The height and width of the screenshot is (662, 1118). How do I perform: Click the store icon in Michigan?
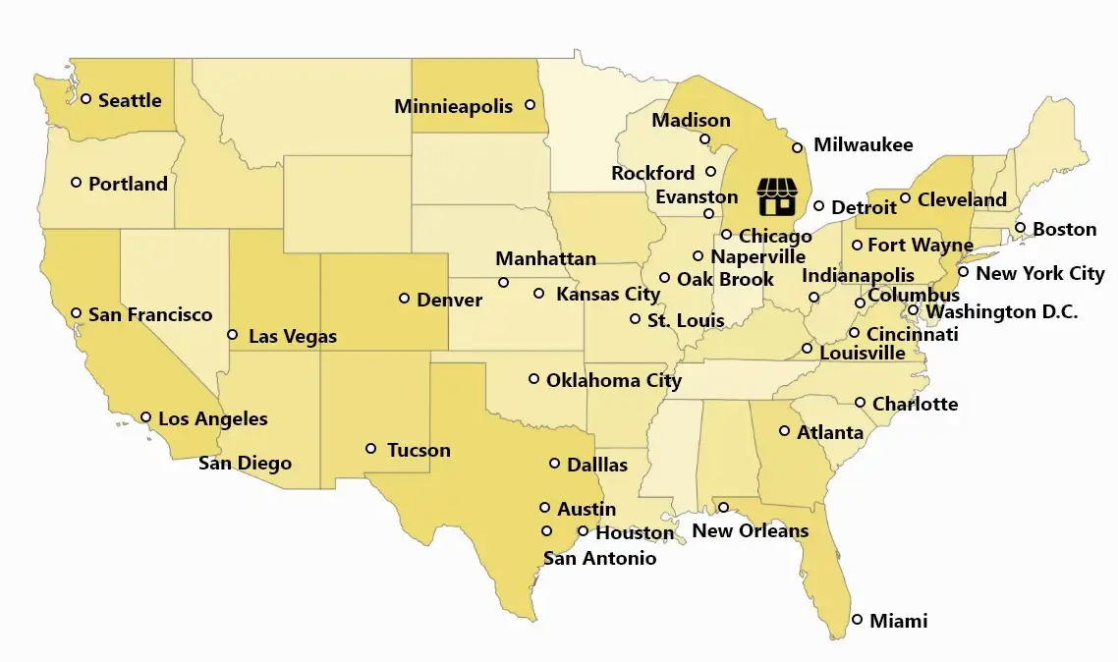776,197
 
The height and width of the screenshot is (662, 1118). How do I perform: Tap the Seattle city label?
130,100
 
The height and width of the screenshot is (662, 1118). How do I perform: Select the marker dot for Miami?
858,620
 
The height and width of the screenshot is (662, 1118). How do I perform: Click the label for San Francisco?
149,314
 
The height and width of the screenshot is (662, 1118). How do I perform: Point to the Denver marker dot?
404,298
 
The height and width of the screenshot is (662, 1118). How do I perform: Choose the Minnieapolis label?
453,106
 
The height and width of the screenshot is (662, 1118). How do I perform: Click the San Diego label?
245,463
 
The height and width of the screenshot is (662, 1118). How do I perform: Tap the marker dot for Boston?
1020,228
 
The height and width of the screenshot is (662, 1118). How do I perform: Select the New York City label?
1039,273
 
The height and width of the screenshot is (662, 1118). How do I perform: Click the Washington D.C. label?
1001,312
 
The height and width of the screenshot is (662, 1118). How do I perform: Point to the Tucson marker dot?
370,448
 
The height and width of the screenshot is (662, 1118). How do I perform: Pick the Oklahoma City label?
613,380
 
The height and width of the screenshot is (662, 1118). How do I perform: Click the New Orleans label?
750,531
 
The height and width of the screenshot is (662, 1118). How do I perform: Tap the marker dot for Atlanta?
784,430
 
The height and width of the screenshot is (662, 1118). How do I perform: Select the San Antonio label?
599,558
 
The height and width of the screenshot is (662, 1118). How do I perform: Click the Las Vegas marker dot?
232,334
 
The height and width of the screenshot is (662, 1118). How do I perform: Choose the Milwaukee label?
863,145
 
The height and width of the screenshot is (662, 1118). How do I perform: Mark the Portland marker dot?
76,182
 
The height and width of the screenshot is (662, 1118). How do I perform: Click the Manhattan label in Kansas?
545,259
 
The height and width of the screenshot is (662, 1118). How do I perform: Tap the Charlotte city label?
914,404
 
